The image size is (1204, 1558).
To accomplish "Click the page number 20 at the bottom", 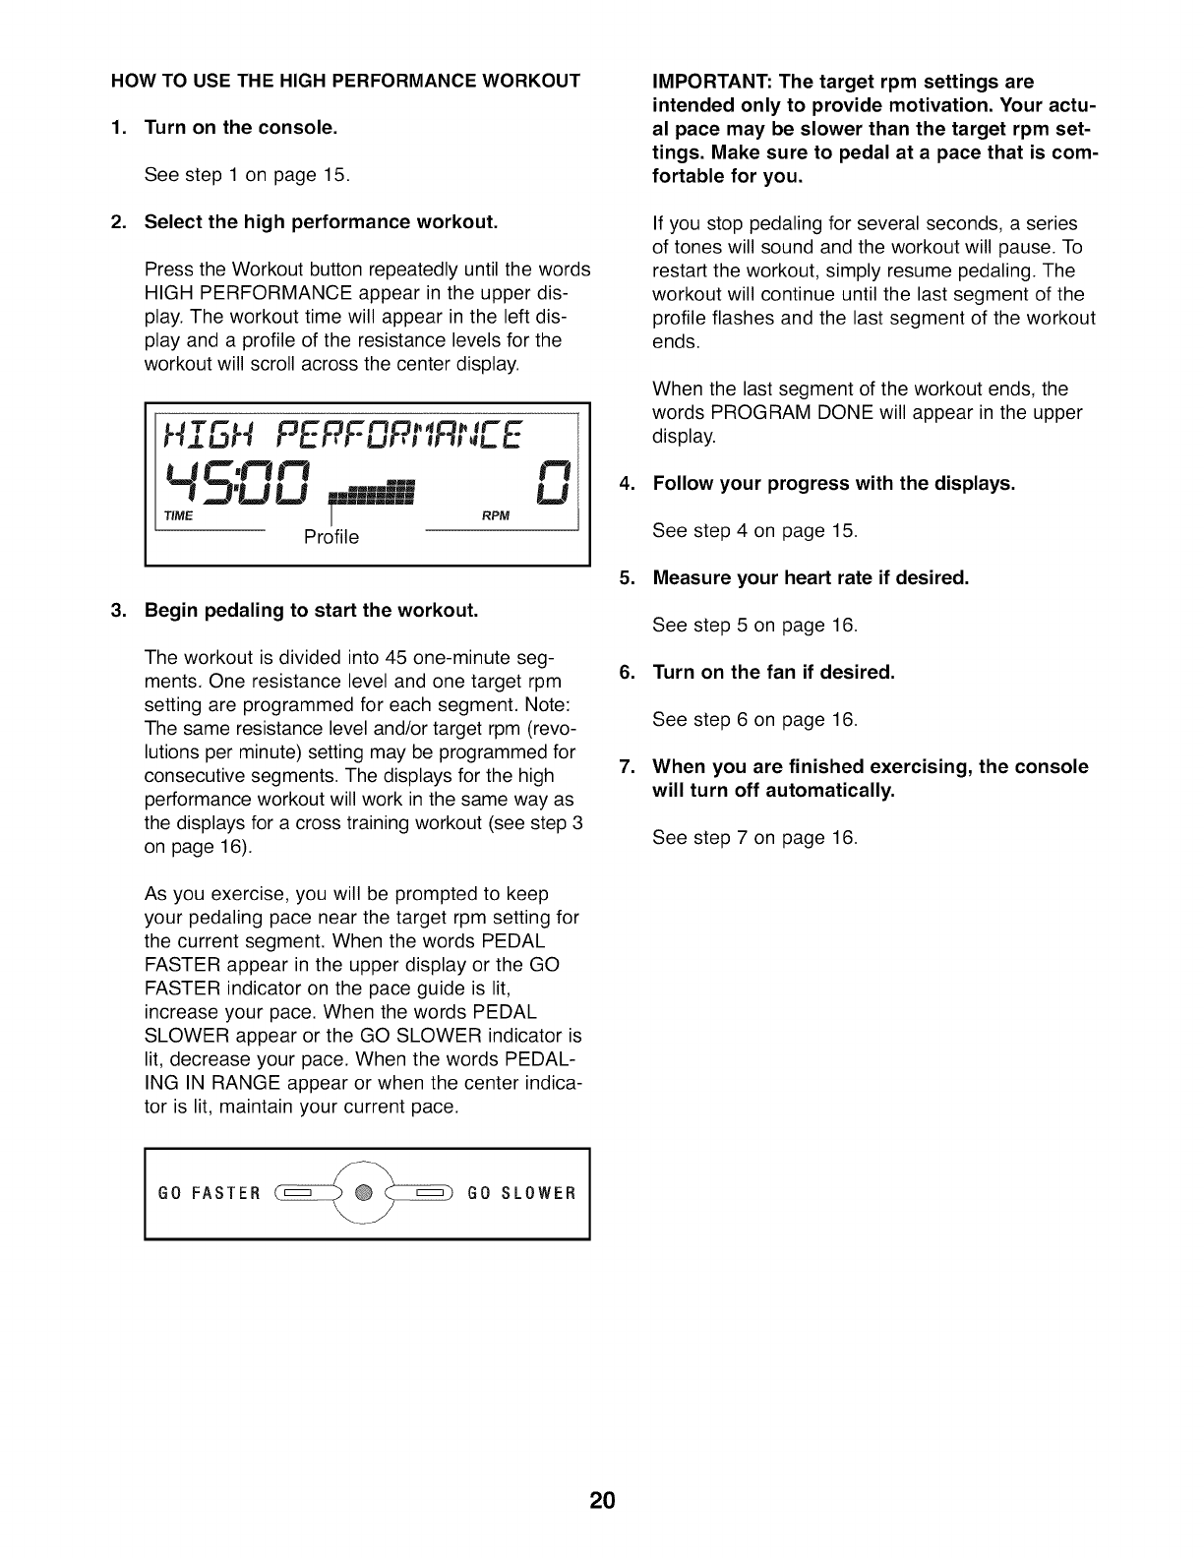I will pyautogui.click(x=602, y=1501).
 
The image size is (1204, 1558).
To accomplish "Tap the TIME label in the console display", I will pyautogui.click(x=178, y=516).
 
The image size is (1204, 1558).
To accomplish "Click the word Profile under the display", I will pyautogui.click(x=331, y=537).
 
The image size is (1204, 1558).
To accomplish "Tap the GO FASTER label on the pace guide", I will pyautogui.click(x=210, y=1194).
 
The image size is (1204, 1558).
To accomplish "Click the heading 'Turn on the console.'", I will pyautogui.click(x=241, y=127).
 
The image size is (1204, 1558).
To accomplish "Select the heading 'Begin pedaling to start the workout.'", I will pyautogui.click(x=311, y=610).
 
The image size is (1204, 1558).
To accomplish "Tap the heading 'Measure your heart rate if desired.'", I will pyautogui.click(x=811, y=577).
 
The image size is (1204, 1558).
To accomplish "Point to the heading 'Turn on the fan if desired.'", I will pyautogui.click(x=773, y=672).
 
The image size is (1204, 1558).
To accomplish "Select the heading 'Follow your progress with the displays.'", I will pyautogui.click(x=833, y=483).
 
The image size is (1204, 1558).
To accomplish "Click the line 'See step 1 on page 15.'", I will pyautogui.click(x=247, y=175).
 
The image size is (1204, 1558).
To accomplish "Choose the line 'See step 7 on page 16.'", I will pyautogui.click(x=754, y=838).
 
